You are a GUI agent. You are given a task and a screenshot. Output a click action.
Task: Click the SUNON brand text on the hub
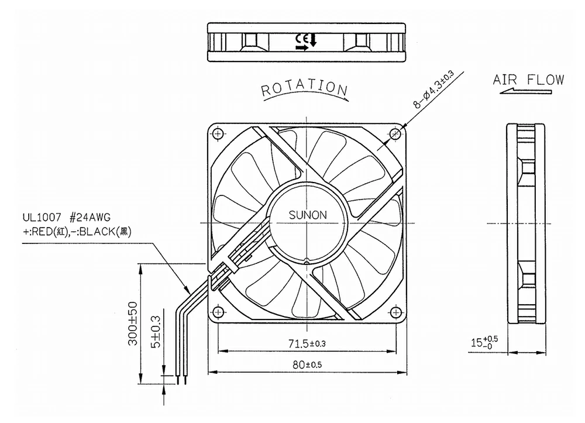308,215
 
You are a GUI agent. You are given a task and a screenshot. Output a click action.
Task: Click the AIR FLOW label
528,80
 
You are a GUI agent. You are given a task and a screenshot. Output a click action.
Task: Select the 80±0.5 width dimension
308,364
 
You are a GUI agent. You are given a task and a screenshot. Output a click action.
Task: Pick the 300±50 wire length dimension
133,324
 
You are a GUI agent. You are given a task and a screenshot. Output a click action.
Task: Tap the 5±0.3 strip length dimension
155,333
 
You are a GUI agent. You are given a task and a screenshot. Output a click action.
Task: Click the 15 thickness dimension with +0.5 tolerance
485,342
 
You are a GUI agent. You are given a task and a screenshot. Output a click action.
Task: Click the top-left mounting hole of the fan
219,134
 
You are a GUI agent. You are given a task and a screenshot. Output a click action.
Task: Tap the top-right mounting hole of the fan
396,134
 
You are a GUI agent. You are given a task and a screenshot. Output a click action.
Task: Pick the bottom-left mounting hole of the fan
219,311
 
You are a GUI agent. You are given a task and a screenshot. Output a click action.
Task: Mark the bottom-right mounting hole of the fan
396,311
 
